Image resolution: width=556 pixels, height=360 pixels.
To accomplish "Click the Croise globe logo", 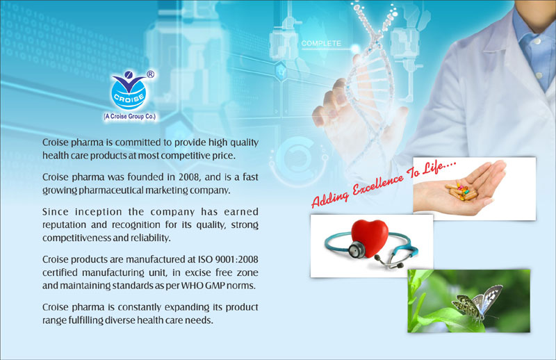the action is (x=129, y=91).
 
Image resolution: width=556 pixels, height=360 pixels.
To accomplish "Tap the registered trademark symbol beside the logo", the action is (x=150, y=74).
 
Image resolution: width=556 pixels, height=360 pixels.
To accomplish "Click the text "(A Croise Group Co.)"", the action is (x=130, y=116).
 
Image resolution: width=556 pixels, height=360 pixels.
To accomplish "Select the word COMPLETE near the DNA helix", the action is (x=321, y=43).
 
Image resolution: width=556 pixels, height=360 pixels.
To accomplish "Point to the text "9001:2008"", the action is (x=236, y=259).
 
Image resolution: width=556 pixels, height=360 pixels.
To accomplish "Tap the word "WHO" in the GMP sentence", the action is (x=193, y=286).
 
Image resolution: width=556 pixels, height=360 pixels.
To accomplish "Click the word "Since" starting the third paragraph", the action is (x=56, y=212).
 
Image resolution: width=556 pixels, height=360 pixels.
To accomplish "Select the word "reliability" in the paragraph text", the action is (x=150, y=238).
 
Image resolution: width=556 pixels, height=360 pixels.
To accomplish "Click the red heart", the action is (x=370, y=238).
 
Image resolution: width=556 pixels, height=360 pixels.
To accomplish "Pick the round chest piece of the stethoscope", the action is (x=356, y=249).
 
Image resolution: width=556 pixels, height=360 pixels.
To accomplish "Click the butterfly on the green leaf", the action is (x=477, y=302).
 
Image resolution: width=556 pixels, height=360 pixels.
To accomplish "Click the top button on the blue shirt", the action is (x=537, y=41).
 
